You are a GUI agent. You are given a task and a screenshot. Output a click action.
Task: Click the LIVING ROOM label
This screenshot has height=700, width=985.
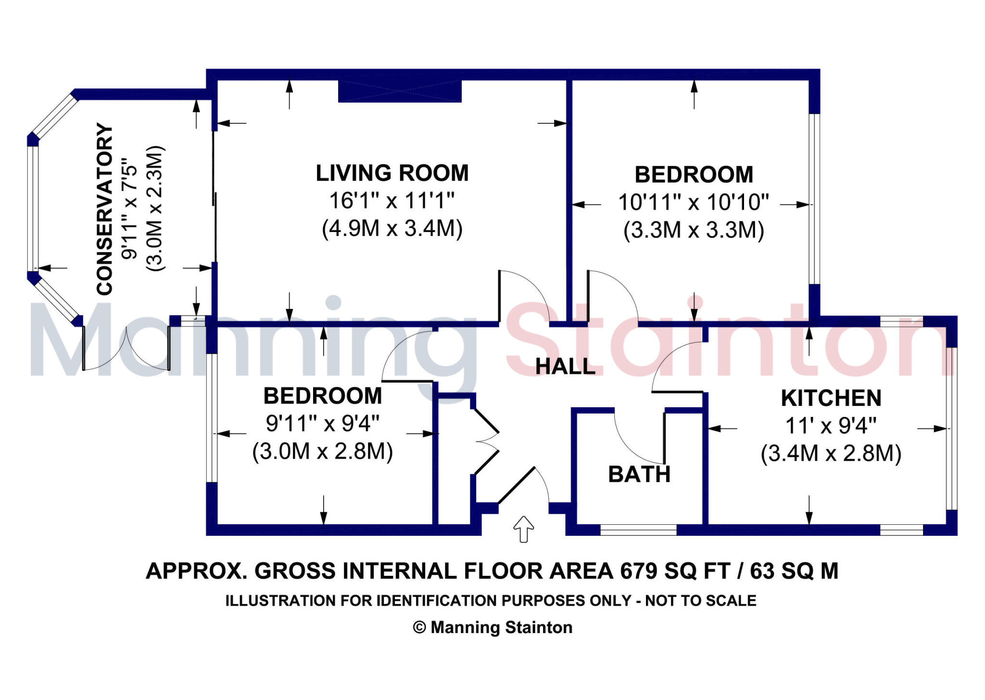click(392, 173)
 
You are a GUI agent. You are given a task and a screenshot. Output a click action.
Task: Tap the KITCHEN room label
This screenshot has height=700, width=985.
click(831, 398)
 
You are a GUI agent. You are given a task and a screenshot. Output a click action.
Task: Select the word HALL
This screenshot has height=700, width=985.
click(566, 367)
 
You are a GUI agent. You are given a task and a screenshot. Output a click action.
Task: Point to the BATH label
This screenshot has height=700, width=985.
click(639, 475)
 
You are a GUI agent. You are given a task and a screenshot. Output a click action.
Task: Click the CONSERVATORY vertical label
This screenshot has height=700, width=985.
click(105, 209)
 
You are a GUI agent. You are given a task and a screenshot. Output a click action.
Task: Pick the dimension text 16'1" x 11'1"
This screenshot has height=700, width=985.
click(392, 201)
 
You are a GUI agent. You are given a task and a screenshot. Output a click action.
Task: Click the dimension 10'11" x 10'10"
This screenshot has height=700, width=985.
click(694, 202)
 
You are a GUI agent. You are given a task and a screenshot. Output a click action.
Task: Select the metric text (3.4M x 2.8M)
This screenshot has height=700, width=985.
click(831, 454)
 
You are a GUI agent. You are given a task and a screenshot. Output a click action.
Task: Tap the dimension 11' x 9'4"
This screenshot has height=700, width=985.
click(831, 426)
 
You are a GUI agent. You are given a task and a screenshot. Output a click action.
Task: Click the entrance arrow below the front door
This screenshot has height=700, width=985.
click(524, 529)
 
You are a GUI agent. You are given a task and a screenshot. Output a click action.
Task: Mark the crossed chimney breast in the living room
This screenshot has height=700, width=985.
click(400, 91)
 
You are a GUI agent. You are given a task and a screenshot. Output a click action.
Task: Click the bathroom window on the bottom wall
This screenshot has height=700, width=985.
click(639, 530)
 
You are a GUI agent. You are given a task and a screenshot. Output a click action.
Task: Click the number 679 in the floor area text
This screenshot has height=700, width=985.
click(639, 571)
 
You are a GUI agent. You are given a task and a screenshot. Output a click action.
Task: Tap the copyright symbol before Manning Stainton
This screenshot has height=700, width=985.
click(419, 628)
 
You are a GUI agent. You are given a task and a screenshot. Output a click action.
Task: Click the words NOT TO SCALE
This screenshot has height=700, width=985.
click(701, 601)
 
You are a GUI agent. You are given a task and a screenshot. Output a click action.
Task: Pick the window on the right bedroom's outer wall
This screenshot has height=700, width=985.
click(814, 199)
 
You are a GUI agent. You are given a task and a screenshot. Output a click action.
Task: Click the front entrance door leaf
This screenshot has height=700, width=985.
click(516, 485)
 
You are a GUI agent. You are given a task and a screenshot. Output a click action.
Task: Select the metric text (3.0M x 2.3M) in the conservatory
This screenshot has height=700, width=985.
click(155, 208)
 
